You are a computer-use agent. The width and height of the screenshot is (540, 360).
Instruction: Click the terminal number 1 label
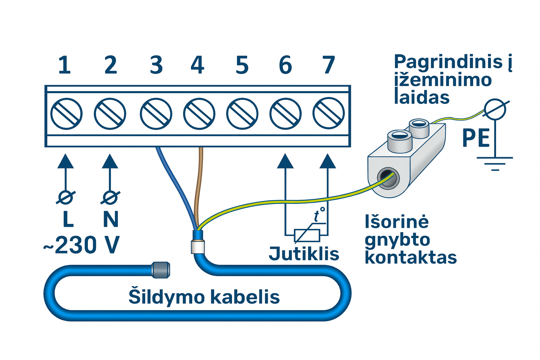pyautogui.click(x=64, y=65)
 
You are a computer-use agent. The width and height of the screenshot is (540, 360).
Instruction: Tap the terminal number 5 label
pyautogui.click(x=242, y=65)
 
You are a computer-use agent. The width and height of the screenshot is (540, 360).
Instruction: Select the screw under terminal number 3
pyautogui.click(x=156, y=114)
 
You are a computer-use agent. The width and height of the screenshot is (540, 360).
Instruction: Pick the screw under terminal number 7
pyautogui.click(x=328, y=114)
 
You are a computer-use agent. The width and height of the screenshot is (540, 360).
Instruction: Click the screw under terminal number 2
pyautogui.click(x=110, y=114)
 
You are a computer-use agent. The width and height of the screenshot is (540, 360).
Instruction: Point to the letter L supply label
pyautogui.click(x=68, y=219)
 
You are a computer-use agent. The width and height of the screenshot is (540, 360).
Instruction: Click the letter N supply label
pyautogui.click(x=110, y=219)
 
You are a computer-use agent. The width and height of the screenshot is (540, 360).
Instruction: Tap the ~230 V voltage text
pyautogui.click(x=82, y=245)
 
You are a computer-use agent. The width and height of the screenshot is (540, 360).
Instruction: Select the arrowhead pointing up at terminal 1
pyautogui.click(x=65, y=161)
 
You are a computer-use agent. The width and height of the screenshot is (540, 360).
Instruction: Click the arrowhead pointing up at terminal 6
pyautogui.click(x=285, y=161)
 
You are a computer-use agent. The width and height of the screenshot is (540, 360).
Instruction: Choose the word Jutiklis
pyautogui.click(x=304, y=253)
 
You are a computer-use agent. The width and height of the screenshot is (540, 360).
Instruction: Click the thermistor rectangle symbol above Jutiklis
pyautogui.click(x=307, y=235)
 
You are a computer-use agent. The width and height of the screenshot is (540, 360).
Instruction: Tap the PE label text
pyautogui.click(x=476, y=138)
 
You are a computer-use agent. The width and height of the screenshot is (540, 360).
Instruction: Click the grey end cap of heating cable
pyautogui.click(x=160, y=270)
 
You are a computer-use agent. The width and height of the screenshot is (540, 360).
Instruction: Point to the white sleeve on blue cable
pyautogui.click(x=198, y=246)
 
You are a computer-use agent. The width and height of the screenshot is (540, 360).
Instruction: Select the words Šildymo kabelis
pyautogui.click(x=204, y=297)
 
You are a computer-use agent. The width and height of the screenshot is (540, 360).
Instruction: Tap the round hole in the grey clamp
pyautogui.click(x=387, y=178)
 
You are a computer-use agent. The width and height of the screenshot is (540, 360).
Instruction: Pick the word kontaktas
pyautogui.click(x=411, y=258)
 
